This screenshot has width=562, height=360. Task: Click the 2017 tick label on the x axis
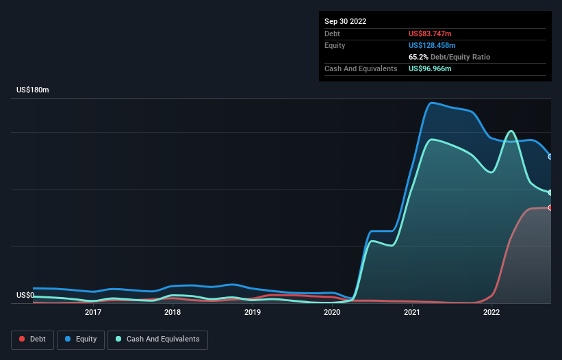93,313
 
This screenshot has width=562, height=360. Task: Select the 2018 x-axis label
173,313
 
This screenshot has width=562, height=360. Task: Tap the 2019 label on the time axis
253,313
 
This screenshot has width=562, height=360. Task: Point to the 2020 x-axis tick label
332,313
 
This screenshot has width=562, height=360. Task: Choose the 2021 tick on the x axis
412,313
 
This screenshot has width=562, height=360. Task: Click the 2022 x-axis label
491,313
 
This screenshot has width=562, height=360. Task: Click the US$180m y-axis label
33,90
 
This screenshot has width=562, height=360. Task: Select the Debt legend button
31,339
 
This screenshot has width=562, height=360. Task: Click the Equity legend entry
80,339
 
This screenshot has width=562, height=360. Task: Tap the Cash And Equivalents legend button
157,339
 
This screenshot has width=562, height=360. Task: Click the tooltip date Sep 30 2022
345,21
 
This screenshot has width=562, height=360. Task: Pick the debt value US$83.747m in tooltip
430,34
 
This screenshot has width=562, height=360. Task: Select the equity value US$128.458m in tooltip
432,45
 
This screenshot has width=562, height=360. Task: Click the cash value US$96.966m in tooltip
430,68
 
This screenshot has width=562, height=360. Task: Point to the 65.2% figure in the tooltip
419,57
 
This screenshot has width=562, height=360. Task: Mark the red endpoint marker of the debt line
550,207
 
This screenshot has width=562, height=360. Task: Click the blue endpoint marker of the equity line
550,157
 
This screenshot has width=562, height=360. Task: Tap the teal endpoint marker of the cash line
550,192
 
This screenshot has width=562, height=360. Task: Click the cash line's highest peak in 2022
511,131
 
